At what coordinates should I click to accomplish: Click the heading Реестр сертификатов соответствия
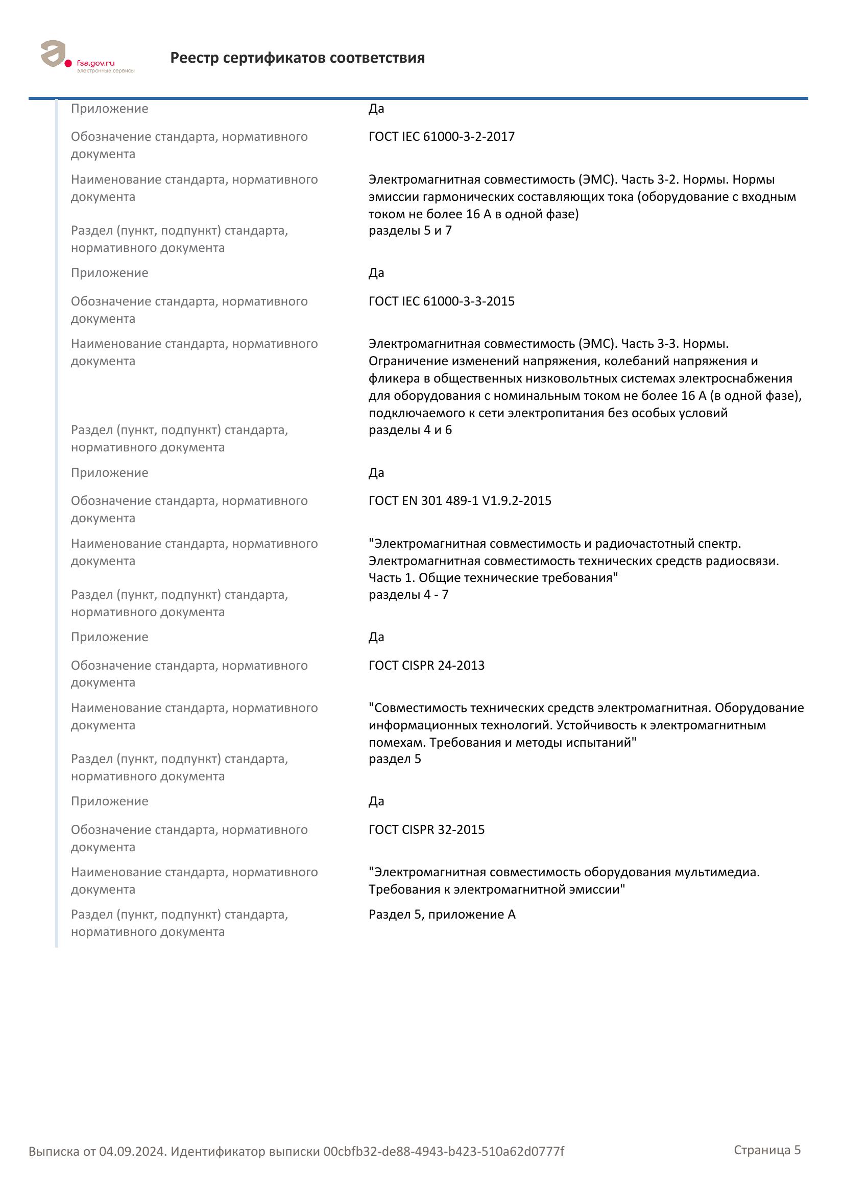click(298, 58)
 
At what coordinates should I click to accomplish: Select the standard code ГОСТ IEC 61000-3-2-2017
click(442, 137)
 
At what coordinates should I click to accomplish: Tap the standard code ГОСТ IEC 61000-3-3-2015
click(442, 301)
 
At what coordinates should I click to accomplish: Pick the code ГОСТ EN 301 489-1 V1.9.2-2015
click(460, 501)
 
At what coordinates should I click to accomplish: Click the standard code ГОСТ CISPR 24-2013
click(426, 666)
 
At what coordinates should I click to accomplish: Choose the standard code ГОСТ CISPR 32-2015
click(426, 830)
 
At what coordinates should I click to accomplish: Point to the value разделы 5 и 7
click(410, 231)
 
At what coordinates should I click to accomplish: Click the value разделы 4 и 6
click(410, 430)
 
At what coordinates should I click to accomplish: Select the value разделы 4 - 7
click(408, 595)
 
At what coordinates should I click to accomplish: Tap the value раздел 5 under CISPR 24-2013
click(395, 759)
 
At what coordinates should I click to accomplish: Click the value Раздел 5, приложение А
click(442, 915)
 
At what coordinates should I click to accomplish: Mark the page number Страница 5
click(767, 1150)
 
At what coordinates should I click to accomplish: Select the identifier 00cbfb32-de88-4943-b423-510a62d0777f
click(444, 1152)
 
